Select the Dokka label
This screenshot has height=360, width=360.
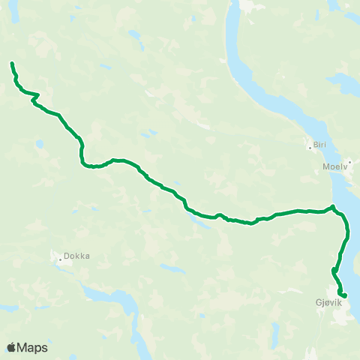[x=76, y=255]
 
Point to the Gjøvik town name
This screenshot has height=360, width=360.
[x=328, y=304]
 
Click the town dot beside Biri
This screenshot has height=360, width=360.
[x=310, y=147]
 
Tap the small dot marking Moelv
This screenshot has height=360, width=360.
[x=349, y=160]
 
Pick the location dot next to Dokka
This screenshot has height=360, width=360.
[x=60, y=260]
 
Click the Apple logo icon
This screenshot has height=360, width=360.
[x=12, y=347]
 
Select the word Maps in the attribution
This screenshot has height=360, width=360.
[x=33, y=347]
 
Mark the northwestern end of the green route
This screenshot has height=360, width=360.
[x=12, y=64]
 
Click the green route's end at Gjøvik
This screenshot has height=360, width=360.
[x=345, y=295]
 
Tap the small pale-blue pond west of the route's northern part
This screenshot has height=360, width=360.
[x=38, y=143]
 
